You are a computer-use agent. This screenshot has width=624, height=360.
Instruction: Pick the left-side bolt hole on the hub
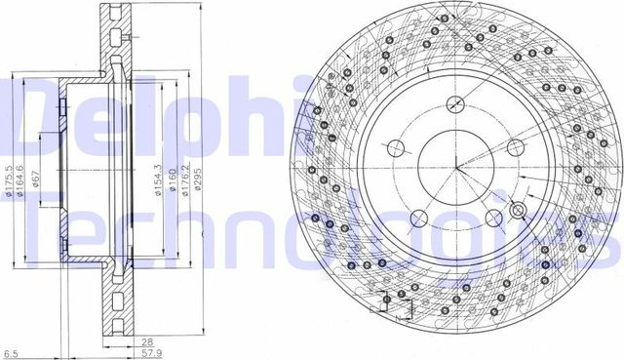tap(396, 149)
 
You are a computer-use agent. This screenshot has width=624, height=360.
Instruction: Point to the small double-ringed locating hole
tap(518, 211)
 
